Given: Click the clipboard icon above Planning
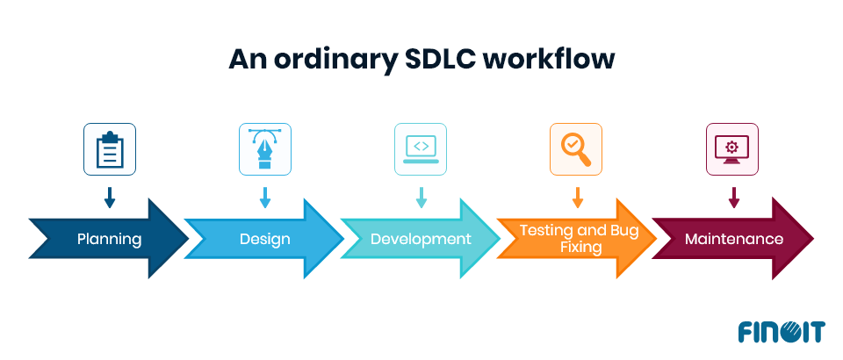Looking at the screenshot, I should pyautogui.click(x=110, y=149).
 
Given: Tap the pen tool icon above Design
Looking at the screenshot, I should pyautogui.click(x=265, y=149).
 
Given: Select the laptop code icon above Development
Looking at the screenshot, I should pyautogui.click(x=421, y=149).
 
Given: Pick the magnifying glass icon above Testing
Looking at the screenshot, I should pyautogui.click(x=577, y=149).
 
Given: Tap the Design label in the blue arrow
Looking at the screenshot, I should pyautogui.click(x=265, y=239).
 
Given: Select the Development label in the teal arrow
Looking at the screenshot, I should pyautogui.click(x=421, y=239).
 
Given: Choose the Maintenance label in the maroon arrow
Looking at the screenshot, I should pyautogui.click(x=734, y=239).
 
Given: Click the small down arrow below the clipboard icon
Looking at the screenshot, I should pyautogui.click(x=110, y=198).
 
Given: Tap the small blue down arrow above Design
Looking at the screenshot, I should pyautogui.click(x=265, y=198).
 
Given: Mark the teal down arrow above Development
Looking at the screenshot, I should pyautogui.click(x=421, y=198).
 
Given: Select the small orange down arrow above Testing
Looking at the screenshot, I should pyautogui.click(x=577, y=198).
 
